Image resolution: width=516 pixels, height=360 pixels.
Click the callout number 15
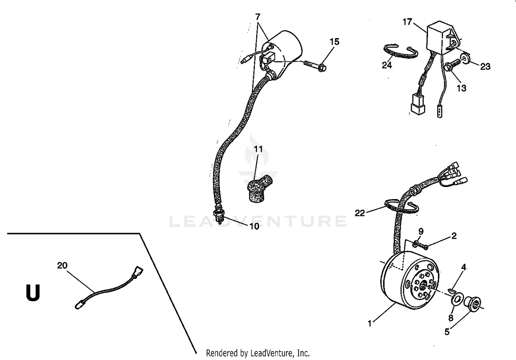point(334,42)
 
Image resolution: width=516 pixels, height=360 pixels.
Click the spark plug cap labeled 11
point(258,189)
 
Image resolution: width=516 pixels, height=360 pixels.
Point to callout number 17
point(407,22)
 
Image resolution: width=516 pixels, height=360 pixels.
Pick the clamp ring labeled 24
point(400,52)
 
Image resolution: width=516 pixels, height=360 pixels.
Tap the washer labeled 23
point(465,57)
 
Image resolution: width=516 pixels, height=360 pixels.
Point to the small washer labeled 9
point(416,244)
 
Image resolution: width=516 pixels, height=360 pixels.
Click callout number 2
point(454,236)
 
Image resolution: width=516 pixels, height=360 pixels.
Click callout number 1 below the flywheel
point(370,324)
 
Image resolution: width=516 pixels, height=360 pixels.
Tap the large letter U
point(33,293)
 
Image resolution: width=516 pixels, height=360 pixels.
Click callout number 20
point(62,265)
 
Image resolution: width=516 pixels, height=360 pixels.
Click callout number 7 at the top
point(258,17)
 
